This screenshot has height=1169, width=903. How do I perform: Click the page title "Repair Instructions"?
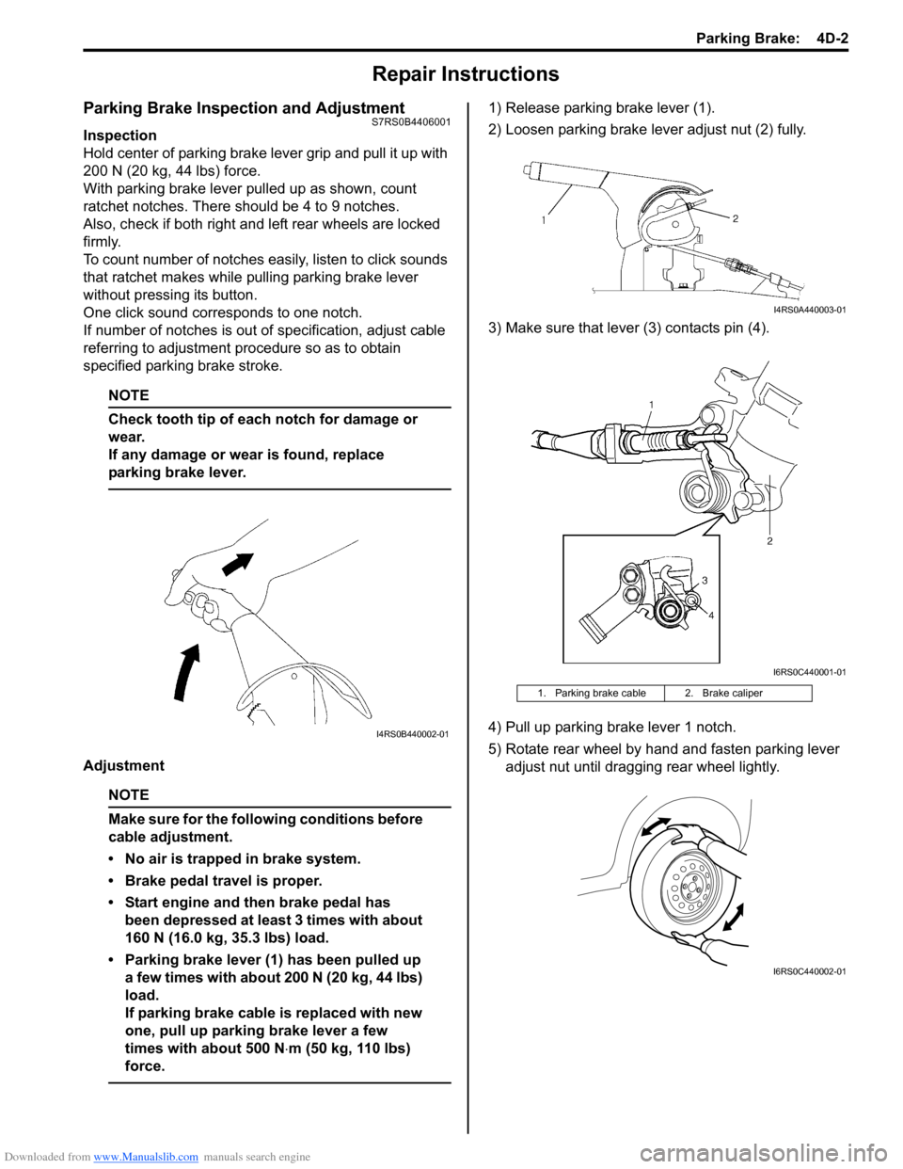pyautogui.click(x=466, y=74)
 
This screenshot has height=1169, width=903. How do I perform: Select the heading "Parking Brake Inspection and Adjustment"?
pyautogui.click(x=244, y=108)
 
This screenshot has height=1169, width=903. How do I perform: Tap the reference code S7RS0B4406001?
pyautogui.click(x=411, y=122)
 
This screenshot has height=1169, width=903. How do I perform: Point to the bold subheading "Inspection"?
pyautogui.click(x=119, y=136)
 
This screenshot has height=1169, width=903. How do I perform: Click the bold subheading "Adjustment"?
pyautogui.click(x=123, y=766)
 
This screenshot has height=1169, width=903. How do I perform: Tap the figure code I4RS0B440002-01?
pyautogui.click(x=412, y=734)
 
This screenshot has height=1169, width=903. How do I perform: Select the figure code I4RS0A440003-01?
pyautogui.click(x=809, y=310)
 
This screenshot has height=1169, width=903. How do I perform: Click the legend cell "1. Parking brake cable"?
pyautogui.click(x=592, y=694)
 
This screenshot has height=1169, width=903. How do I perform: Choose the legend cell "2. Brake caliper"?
pyautogui.click(x=723, y=694)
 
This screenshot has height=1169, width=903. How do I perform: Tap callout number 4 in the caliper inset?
pyautogui.click(x=711, y=616)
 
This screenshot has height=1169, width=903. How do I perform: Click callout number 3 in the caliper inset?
pyautogui.click(x=704, y=581)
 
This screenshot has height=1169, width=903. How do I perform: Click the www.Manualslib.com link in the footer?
pyautogui.click(x=146, y=1157)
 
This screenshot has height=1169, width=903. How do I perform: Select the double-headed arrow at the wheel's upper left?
pyautogui.click(x=656, y=826)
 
